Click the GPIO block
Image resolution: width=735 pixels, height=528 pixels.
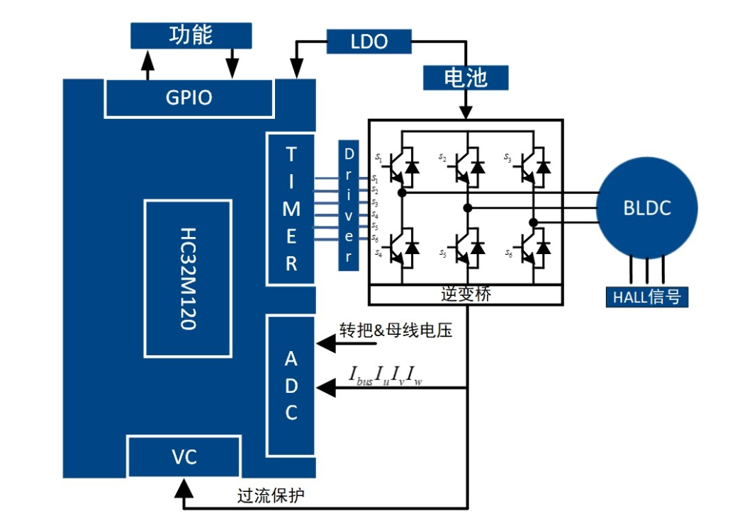[189, 98]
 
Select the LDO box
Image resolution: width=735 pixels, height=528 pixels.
[369, 42]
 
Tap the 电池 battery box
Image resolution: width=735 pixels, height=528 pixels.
[465, 77]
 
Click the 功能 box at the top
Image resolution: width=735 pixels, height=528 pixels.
[191, 35]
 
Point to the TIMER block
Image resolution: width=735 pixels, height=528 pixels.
[291, 209]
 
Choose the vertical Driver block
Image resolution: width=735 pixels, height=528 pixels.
[349, 205]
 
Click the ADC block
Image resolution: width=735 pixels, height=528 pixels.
[291, 386]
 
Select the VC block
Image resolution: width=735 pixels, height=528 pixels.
[184, 457]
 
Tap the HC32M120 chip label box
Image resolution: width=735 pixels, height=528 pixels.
[188, 279]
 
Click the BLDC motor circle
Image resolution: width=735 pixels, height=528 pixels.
[646, 209]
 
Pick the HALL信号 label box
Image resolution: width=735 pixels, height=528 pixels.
[646, 297]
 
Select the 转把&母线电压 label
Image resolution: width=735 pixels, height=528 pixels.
[395, 331]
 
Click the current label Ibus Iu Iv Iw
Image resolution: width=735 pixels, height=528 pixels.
[386, 375]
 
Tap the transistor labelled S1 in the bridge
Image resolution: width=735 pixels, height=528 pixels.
[402, 166]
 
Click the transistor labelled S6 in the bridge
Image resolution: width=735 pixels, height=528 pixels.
[533, 246]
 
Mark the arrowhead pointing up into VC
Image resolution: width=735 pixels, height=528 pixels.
[184, 487]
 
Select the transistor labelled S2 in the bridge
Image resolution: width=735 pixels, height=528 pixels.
[468, 166]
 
